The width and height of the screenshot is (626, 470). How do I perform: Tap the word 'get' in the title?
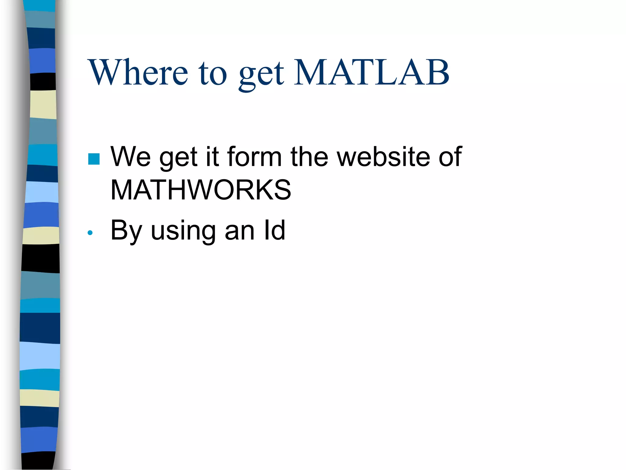[x=261, y=75]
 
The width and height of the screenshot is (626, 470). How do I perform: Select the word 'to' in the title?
[x=213, y=73]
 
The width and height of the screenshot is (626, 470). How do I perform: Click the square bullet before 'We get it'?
[x=94, y=159]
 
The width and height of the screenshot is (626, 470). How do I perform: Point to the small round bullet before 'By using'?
[x=90, y=233]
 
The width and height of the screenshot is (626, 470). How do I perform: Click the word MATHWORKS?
[x=201, y=190]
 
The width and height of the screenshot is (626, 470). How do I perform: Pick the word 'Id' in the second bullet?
[x=274, y=230]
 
